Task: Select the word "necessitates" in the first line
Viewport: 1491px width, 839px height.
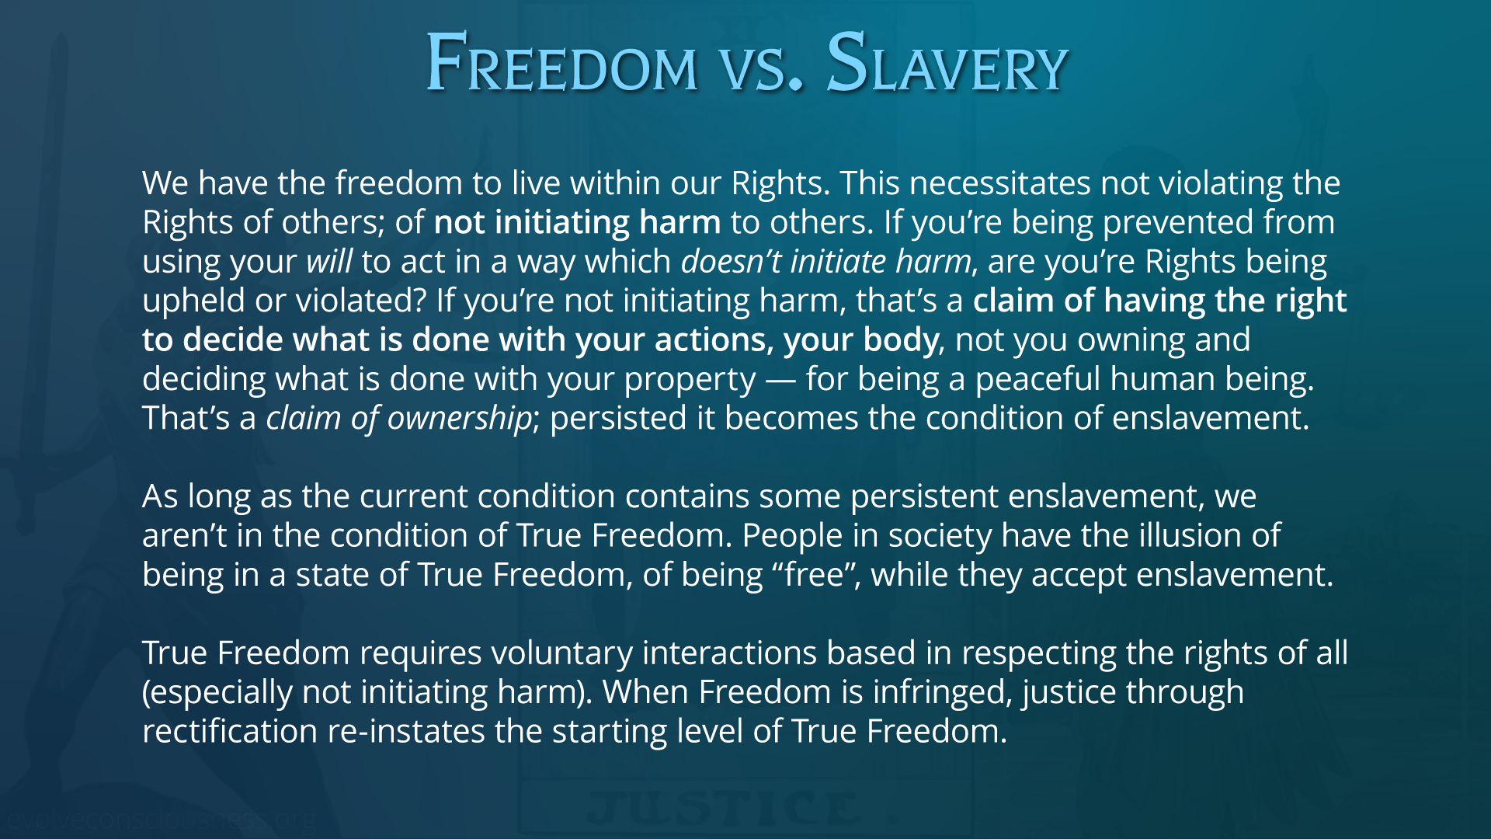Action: coord(1000,183)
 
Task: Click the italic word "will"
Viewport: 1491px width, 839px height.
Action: coord(329,261)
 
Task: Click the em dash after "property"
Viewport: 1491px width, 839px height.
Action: coord(780,380)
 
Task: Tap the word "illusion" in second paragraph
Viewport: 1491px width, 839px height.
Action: coord(1190,535)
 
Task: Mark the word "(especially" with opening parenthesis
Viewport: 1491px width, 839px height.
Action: coord(217,693)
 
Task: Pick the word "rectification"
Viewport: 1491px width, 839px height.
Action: coord(230,731)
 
